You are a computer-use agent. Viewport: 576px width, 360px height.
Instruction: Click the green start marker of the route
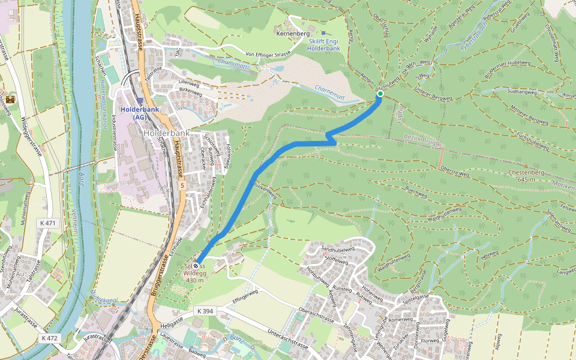click(x=380, y=94)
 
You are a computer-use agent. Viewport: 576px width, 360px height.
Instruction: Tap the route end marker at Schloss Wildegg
click(x=196, y=265)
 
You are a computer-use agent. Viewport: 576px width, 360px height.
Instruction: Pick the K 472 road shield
click(x=50, y=338)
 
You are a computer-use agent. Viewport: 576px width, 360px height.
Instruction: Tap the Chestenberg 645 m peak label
click(x=526, y=176)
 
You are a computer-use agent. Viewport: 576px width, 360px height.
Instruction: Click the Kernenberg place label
click(x=293, y=34)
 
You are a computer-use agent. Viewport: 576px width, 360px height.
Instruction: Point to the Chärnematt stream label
click(x=329, y=92)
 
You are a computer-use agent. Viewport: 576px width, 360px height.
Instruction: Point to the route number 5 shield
click(x=181, y=186)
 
